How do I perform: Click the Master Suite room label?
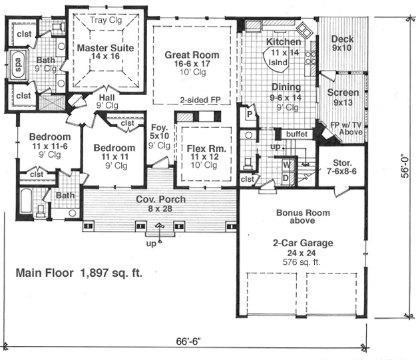tap(106, 52)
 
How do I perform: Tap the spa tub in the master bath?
tap(19, 64)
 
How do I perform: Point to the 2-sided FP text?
tap(200, 100)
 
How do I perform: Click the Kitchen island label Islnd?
tap(278, 63)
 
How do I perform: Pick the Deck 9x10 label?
tap(342, 43)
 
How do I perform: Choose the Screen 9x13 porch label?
tap(343, 97)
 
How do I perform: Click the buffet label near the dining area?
tap(297, 134)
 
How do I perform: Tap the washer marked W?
tap(287, 164)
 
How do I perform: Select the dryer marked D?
tap(286, 178)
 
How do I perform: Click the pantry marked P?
tap(250, 114)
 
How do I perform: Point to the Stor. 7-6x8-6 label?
tap(342, 167)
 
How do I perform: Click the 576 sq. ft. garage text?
tap(302, 262)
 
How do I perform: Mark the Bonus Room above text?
tap(303, 216)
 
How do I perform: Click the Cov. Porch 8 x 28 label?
tap(160, 204)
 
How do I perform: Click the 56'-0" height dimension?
tap(405, 165)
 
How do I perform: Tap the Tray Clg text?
tap(106, 20)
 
